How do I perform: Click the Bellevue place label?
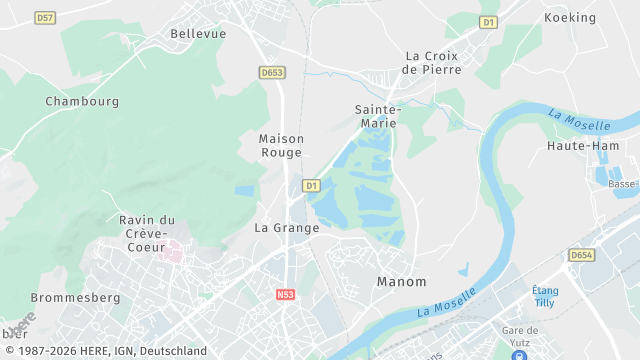point(198,33)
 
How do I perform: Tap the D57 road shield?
point(44,18)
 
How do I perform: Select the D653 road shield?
point(271,72)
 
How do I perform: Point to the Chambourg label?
point(82,101)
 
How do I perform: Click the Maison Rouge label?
point(281,145)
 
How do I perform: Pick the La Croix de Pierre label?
point(432,63)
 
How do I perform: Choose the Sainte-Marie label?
point(378,116)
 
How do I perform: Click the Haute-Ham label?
point(583,145)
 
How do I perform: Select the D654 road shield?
point(582,256)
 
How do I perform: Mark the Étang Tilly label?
point(546,297)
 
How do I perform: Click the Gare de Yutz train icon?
point(519,352)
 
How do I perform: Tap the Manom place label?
point(401,282)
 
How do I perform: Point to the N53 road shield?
point(286,295)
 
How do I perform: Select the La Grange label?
point(287,228)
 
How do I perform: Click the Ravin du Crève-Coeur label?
point(147,233)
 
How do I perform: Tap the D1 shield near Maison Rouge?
point(311,185)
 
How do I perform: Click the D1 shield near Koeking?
point(488,21)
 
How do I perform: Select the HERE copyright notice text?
point(104,351)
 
